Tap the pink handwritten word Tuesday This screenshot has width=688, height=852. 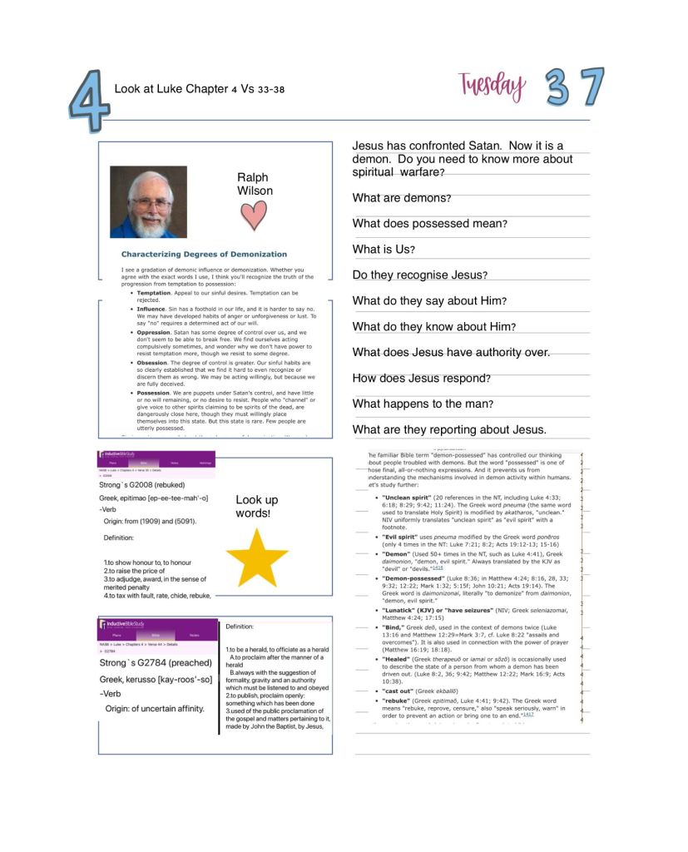(492, 86)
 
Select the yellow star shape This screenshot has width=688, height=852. (256, 557)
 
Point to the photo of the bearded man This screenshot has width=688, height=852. (148, 202)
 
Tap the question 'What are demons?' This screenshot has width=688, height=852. (402, 198)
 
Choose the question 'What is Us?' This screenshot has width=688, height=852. (384, 250)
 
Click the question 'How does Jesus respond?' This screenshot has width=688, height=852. (422, 379)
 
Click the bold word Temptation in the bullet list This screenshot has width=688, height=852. (154, 293)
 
